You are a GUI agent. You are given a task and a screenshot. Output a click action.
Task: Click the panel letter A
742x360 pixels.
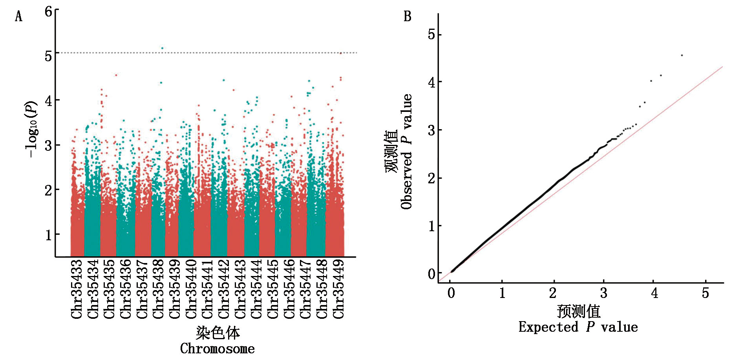coord(18,16)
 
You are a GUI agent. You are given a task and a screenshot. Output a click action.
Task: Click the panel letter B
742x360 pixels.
coord(408,16)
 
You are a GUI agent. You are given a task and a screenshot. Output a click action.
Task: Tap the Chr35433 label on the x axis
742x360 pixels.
coord(77,289)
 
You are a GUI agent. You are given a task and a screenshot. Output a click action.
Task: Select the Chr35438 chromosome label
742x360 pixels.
coord(158,289)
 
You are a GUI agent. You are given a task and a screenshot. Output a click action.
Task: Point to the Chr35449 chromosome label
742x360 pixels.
coord(338,289)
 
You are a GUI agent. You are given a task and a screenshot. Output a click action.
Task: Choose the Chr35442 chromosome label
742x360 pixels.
coord(224,289)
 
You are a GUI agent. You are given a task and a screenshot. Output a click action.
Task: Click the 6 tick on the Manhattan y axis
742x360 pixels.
coord(48,11)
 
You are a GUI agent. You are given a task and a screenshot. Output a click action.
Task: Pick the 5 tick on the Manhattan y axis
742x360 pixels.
coord(48,56)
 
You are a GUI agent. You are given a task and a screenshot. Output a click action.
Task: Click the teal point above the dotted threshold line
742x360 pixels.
coord(162,48)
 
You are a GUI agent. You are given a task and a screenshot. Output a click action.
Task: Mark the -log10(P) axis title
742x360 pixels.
coord(31,130)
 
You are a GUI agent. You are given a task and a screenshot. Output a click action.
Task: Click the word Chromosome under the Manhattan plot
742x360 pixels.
coord(217,349)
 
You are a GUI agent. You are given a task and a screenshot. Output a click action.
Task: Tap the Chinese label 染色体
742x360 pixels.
coord(217,333)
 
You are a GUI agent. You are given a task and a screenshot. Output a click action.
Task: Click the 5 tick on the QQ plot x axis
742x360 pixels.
coord(705,293)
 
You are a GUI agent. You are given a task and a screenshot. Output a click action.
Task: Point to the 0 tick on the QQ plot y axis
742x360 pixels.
coord(432,274)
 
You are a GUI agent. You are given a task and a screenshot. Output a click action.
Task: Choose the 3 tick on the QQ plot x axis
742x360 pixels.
coord(604,293)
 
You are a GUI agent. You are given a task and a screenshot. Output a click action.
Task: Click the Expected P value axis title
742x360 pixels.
coord(578,327)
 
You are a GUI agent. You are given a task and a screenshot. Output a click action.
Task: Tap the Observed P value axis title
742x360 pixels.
coord(407,152)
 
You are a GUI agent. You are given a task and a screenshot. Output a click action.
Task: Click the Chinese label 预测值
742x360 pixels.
coord(578,311)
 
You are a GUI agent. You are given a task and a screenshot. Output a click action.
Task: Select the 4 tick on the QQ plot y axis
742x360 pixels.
coord(432,82)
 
